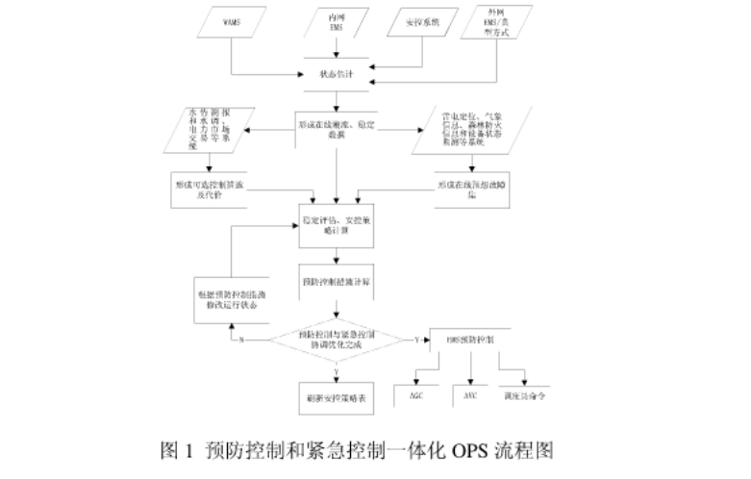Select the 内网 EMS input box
(336, 21)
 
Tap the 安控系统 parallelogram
(428, 20)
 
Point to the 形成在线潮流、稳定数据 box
(336, 131)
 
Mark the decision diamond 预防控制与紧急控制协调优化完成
(336, 339)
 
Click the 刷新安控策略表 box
(336, 396)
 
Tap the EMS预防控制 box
(470, 340)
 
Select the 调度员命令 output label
(525, 394)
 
